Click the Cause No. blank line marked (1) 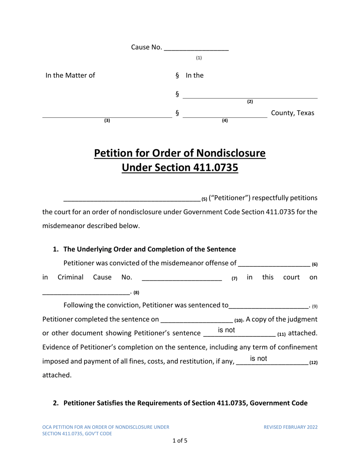click(197, 48)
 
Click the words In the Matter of click(70, 75)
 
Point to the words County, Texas click(293, 113)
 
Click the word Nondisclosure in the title click(224, 153)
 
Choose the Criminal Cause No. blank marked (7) click(182, 278)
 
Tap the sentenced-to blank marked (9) click(269, 306)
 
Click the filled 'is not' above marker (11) click(227, 330)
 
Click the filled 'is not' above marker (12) click(259, 358)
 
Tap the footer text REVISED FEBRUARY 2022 click(291, 427)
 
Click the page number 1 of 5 click(180, 441)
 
